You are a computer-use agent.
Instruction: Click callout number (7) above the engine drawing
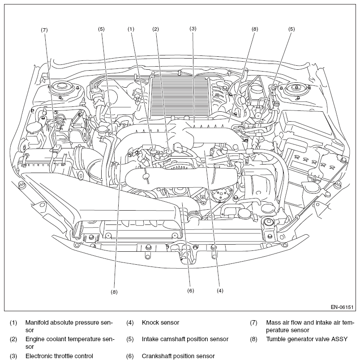[x=44, y=30]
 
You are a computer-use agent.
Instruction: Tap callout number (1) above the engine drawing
[x=131, y=29]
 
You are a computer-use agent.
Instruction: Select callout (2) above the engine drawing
[x=155, y=29]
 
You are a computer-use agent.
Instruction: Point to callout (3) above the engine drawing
[x=193, y=29]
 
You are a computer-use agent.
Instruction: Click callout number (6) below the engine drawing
[x=191, y=291]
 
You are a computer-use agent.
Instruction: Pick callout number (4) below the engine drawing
[x=220, y=291]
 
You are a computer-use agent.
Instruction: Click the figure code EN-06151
[x=342, y=307]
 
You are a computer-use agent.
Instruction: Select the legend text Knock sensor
[x=160, y=322]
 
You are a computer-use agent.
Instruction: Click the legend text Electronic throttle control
[x=59, y=356]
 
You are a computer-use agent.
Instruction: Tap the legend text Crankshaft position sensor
[x=178, y=356]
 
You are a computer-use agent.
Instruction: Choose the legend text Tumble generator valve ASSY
[x=307, y=339]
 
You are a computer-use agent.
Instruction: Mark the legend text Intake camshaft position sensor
[x=185, y=339]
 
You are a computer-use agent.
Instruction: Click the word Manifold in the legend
[x=37, y=322]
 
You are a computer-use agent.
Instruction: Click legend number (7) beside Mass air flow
[x=253, y=323]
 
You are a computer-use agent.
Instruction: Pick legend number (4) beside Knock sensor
[x=130, y=323]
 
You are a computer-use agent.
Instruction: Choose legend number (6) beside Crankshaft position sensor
[x=130, y=356]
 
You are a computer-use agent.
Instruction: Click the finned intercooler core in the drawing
[x=179, y=96]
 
